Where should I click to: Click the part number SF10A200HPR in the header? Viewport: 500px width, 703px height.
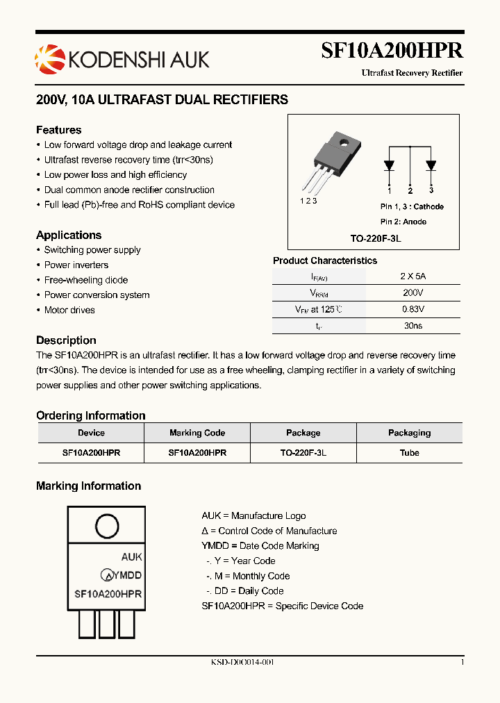[x=392, y=51]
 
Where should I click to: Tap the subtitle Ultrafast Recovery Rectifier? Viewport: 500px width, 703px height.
[x=412, y=73]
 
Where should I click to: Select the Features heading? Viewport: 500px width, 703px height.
[x=58, y=130]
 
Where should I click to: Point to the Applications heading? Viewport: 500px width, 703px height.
[x=69, y=235]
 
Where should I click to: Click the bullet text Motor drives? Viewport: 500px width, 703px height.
[x=69, y=310]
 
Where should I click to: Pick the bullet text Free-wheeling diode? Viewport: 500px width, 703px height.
[x=86, y=280]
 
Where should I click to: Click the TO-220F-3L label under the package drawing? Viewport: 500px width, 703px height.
[x=376, y=238]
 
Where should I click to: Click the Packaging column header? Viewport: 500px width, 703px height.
[x=409, y=433]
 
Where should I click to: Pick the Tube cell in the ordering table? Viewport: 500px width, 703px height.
[x=409, y=452]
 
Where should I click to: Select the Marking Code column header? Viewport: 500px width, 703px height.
[x=197, y=433]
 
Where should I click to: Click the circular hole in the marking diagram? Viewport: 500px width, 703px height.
[x=106, y=524]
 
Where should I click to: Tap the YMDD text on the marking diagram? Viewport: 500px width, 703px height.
[x=127, y=575]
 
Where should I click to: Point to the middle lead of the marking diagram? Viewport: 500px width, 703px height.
[x=106, y=624]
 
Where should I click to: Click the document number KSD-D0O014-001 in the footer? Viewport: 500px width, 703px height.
[x=242, y=662]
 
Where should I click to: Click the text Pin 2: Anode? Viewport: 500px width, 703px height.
[x=403, y=222]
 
